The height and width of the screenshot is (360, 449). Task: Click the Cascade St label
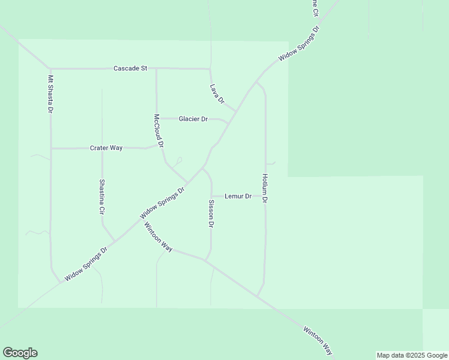click(x=130, y=68)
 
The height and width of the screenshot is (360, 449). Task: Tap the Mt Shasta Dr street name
click(x=51, y=94)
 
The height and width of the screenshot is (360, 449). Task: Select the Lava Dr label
click(x=217, y=93)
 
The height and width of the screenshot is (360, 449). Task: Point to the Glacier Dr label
click(x=193, y=119)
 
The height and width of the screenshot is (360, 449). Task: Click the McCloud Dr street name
click(x=158, y=131)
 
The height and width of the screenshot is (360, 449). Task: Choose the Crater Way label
click(x=106, y=148)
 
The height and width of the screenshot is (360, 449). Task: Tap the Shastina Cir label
click(x=102, y=197)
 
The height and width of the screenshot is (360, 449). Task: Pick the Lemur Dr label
click(x=238, y=196)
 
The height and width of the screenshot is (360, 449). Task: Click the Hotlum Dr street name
click(x=264, y=188)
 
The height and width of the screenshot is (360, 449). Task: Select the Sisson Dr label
click(x=211, y=214)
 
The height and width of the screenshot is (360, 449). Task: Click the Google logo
click(x=20, y=353)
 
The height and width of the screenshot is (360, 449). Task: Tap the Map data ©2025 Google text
click(x=412, y=355)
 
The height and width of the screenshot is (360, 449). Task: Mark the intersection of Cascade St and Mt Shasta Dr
click(x=50, y=68)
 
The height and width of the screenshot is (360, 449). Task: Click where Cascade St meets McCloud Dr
click(x=156, y=68)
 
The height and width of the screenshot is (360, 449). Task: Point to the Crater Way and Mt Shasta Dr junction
click(x=51, y=148)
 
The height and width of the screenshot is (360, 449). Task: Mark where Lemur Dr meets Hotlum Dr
click(x=265, y=196)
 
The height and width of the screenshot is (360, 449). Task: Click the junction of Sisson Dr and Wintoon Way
click(x=205, y=260)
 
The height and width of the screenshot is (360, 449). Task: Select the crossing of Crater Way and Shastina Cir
click(x=102, y=148)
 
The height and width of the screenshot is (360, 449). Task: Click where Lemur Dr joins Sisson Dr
click(x=211, y=196)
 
